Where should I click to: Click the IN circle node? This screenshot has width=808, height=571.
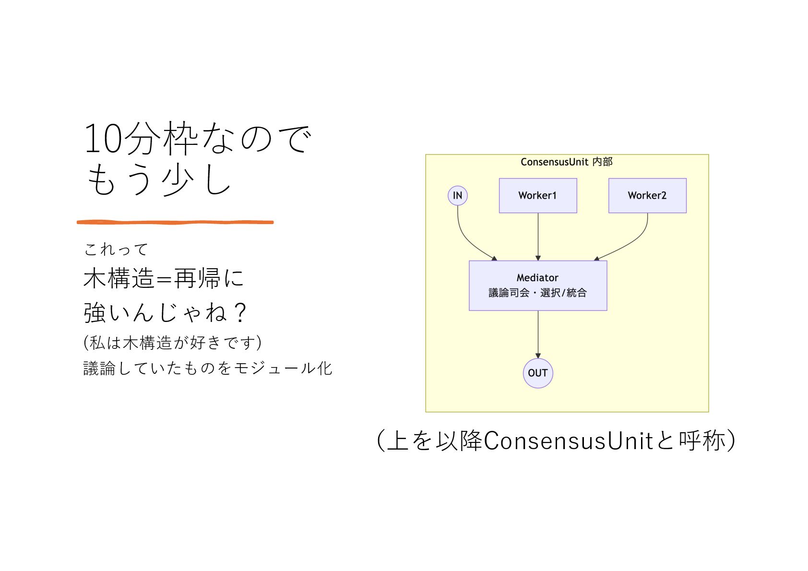pos(457,195)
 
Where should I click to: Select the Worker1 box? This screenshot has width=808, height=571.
pos(537,195)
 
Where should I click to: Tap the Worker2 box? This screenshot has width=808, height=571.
pos(647,195)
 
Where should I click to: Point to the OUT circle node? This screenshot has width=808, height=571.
pos(537,373)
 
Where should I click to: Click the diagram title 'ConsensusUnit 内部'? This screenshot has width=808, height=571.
pos(566,162)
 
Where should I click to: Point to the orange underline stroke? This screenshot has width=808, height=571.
pos(175,222)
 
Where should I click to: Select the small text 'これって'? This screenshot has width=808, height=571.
pos(116,250)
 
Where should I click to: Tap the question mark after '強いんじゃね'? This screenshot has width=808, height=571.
pos(239,313)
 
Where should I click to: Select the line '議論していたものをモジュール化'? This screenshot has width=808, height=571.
pos(207,369)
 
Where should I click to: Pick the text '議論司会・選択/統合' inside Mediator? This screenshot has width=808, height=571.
pos(537,293)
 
